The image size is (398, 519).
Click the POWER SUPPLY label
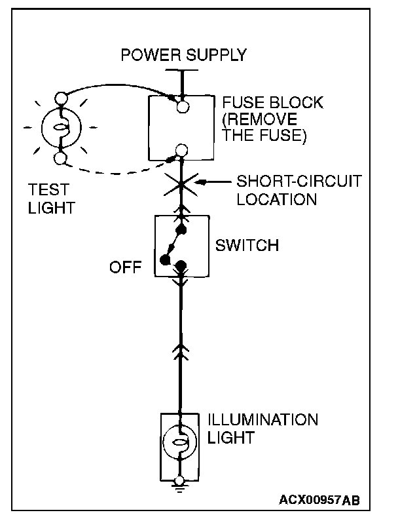[184, 54]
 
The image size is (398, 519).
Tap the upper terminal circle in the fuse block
[183, 107]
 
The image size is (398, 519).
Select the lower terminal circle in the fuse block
[181, 150]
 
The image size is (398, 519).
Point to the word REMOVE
[261, 119]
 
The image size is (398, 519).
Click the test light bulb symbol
[61, 128]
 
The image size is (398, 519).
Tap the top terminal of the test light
[61, 98]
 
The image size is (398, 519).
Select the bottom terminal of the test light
[60, 158]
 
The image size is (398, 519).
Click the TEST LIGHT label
[52, 199]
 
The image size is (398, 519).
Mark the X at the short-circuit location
[181, 184]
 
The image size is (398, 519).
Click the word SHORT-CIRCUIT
[299, 182]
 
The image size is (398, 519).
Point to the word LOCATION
[277, 199]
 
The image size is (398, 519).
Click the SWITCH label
[247, 245]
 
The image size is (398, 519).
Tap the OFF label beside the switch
[126, 267]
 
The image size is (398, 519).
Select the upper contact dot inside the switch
[181, 229]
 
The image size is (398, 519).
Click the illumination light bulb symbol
[179, 442]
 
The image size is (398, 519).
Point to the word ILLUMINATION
[262, 419]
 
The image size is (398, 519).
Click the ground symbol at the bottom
[179, 488]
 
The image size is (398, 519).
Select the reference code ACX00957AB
[319, 500]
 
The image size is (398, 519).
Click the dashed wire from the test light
[116, 172]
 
